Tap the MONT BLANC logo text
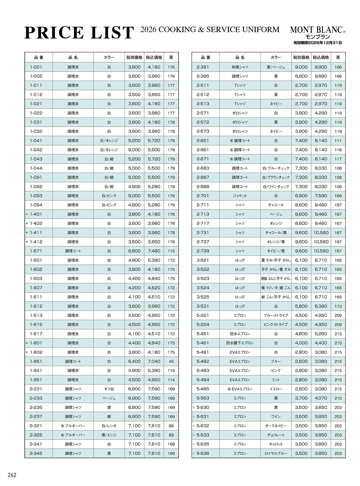(316, 30)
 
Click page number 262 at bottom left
(12, 475)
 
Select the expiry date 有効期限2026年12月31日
(318, 43)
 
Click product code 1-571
(36, 251)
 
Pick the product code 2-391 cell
(203, 67)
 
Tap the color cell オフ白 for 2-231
(109, 389)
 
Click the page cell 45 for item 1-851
(171, 361)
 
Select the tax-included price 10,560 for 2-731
(321, 233)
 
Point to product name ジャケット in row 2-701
(240, 196)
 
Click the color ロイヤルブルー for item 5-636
(276, 453)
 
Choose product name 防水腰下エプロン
(240, 343)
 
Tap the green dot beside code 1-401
(27, 214)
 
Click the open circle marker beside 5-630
(194, 408)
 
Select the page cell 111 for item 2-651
(338, 141)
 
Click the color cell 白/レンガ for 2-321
(109, 426)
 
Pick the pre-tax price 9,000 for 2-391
(301, 67)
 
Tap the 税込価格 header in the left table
(154, 57)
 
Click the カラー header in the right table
(276, 57)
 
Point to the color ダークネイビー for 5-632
(276, 426)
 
